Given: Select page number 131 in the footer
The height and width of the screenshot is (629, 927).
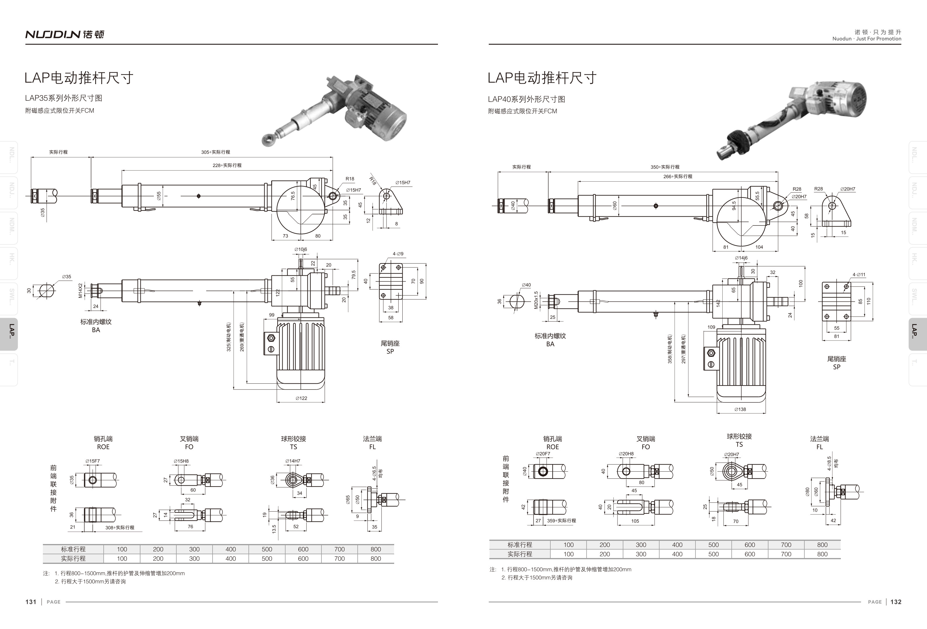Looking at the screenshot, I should (x=31, y=602).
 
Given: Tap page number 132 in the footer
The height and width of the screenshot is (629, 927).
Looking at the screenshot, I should (x=896, y=602).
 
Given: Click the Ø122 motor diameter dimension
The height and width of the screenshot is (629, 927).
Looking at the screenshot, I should (x=301, y=398).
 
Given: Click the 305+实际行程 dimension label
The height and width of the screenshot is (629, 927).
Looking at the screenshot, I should (x=215, y=152).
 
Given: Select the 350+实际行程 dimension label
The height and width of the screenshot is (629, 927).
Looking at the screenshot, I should (x=665, y=167).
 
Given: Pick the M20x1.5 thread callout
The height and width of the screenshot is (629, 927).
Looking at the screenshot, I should (x=536, y=300).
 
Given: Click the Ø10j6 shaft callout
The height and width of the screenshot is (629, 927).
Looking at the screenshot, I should (x=301, y=249).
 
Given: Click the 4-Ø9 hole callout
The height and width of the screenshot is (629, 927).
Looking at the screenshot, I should (x=398, y=254).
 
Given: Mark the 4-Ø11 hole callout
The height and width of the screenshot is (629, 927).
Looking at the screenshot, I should (x=859, y=274).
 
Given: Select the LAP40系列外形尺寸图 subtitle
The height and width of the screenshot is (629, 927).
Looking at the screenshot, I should (x=526, y=99).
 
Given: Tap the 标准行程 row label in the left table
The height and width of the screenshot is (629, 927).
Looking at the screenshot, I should (x=73, y=549).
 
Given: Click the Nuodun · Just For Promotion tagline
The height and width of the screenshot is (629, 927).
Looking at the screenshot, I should (x=867, y=39).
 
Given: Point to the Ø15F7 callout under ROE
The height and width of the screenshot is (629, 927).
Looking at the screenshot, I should (x=93, y=461).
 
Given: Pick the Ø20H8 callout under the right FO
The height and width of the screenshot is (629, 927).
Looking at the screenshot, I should (x=626, y=453).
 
